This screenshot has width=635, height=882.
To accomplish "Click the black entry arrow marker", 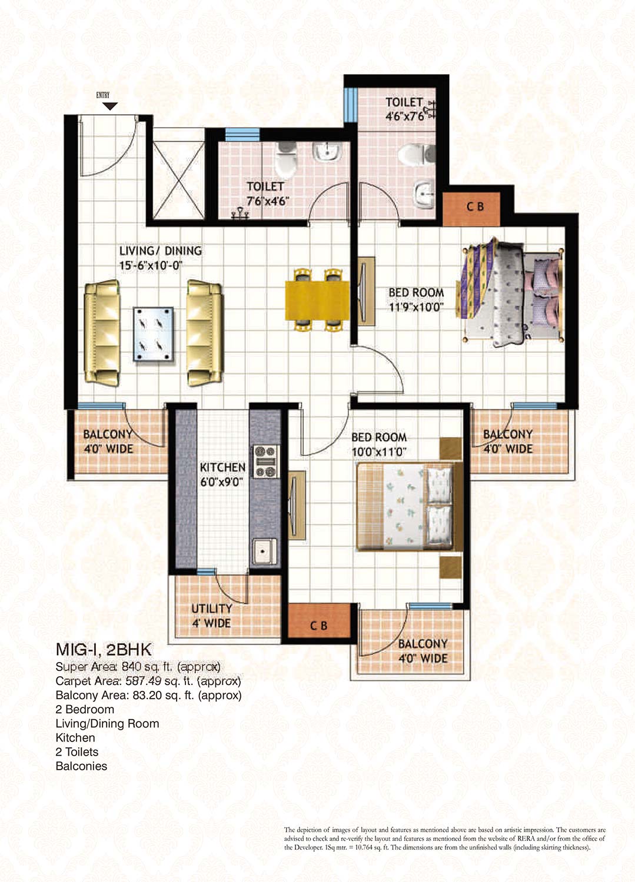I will click(x=110, y=106).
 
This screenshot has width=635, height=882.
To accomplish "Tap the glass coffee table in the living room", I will click(x=153, y=333).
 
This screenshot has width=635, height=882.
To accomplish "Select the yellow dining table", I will click(x=317, y=300).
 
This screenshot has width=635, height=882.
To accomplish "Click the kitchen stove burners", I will click(x=265, y=462).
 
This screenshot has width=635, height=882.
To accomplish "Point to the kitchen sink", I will click(x=264, y=551).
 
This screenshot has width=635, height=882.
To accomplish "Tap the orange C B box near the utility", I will click(x=318, y=625).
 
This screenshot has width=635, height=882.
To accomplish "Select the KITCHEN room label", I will click(x=222, y=467).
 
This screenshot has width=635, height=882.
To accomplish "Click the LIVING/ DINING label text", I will click(x=161, y=251).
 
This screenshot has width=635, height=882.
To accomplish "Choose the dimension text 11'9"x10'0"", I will click(x=415, y=307).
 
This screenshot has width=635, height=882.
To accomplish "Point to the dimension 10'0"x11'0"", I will click(x=379, y=452).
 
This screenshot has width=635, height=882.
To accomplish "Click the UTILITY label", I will click(x=211, y=609).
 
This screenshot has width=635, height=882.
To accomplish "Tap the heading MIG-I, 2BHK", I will click(x=104, y=650).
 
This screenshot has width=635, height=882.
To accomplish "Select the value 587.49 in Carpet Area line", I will click(x=144, y=681).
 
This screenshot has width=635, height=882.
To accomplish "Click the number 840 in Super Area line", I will click(x=131, y=667).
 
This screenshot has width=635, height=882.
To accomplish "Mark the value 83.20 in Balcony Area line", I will click(x=148, y=695).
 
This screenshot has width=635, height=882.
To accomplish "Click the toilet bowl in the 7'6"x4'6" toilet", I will click(x=286, y=156).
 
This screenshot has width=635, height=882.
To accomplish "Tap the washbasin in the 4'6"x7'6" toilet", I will click(x=424, y=193).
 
